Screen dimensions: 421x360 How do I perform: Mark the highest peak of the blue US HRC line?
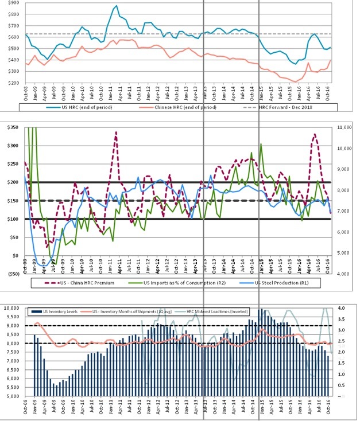click(117, 6)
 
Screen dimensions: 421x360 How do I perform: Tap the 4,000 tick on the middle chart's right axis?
click(343, 274)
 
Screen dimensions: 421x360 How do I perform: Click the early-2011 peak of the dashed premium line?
click(116, 132)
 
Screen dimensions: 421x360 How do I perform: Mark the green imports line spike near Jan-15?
click(261, 145)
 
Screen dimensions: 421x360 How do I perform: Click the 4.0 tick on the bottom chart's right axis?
click(343, 308)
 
